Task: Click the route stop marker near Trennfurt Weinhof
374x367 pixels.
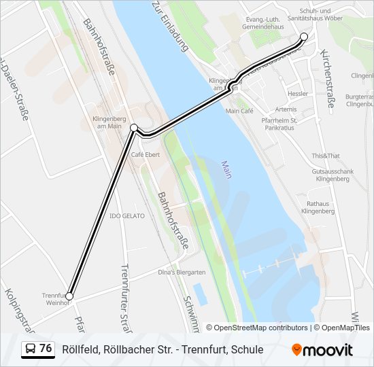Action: [69, 296]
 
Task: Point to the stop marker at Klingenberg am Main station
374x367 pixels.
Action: [134, 128]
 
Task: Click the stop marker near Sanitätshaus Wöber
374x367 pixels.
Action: [304, 37]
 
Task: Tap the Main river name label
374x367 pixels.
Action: [226, 169]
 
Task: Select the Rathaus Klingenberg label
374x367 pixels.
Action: [317, 207]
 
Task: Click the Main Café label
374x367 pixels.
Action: [239, 110]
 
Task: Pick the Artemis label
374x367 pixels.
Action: [286, 109]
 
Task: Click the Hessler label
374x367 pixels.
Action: [298, 94]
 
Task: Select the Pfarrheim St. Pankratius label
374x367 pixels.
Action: [281, 124]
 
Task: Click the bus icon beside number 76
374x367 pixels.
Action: [30, 349]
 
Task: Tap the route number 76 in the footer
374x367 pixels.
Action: [46, 349]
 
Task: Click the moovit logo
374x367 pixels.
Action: [322, 350]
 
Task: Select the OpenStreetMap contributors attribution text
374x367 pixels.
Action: [260, 328]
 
